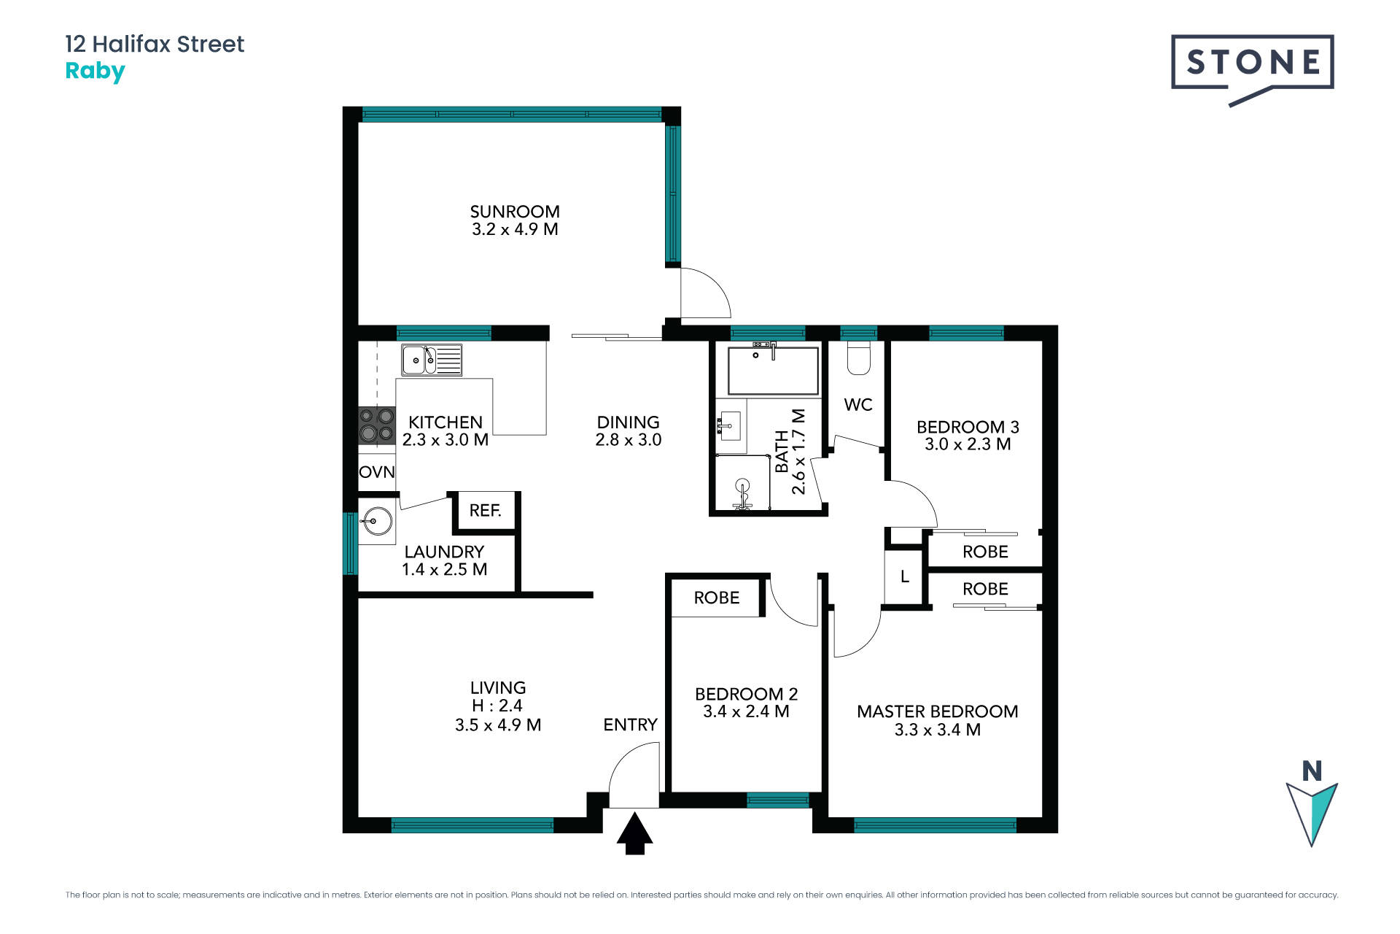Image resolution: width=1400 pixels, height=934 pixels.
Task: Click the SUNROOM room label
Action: coord(515,212)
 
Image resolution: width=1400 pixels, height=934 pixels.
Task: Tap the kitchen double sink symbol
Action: coord(431,360)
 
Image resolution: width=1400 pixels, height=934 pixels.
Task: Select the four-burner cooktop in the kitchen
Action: coord(377,426)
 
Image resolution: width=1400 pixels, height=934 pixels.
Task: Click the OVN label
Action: coord(377,472)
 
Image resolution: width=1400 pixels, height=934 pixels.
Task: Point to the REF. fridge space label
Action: coord(486,511)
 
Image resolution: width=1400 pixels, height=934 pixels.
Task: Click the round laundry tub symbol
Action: coord(377,521)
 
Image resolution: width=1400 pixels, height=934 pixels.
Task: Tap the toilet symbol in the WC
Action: coord(858,359)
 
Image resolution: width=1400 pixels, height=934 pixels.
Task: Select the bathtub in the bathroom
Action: coord(773,371)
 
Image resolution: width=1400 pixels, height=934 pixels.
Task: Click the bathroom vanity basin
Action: coord(729,424)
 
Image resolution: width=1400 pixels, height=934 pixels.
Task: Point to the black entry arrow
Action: coord(635,833)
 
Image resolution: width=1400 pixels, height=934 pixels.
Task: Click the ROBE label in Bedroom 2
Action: coord(717,598)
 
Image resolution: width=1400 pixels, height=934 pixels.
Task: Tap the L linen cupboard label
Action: coord(905,577)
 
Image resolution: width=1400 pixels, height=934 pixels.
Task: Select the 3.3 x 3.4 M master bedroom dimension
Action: coord(938,730)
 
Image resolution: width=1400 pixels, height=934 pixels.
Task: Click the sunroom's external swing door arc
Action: coord(711,292)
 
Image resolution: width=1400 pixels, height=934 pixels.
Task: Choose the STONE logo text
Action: coord(1253,63)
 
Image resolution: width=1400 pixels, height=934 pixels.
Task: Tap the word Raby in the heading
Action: coord(95,72)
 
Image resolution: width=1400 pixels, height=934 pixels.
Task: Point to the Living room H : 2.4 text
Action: coord(497,706)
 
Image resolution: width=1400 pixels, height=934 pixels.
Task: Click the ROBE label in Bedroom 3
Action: coord(985,552)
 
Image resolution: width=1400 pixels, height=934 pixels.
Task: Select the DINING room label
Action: coord(628,422)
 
